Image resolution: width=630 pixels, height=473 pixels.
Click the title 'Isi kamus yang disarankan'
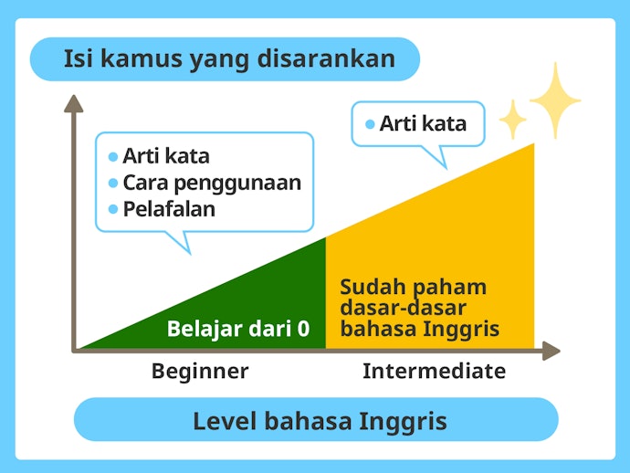pyautogui.click(x=229, y=59)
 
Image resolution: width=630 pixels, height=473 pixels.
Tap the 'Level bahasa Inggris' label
pyautogui.click(x=320, y=422)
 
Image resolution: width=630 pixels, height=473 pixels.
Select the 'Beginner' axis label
pyautogui.click(x=200, y=372)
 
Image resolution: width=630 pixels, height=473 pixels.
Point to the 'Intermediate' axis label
pyautogui.click(x=434, y=371)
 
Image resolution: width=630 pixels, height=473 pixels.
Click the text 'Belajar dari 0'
pyautogui.click(x=238, y=329)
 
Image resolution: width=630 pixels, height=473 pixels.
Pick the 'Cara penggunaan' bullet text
pyautogui.click(x=212, y=184)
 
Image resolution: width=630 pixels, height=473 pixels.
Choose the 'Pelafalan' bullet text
pyautogui.click(x=169, y=209)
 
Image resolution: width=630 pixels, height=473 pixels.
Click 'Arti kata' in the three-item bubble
pyautogui.click(x=166, y=156)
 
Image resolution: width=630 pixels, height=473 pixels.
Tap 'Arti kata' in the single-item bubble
pyautogui.click(x=423, y=123)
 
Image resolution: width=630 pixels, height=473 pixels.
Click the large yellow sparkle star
pyautogui.click(x=555, y=100)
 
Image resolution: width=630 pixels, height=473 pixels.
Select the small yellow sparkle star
pyautogui.click(x=513, y=120)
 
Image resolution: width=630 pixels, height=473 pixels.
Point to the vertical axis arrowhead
pyautogui.click(x=74, y=104)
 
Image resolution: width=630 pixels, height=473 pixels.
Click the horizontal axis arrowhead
pyautogui.click(x=551, y=351)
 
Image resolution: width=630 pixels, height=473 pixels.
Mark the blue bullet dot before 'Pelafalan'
pyautogui.click(x=113, y=209)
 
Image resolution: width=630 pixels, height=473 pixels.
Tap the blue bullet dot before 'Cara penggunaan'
pyautogui.click(x=113, y=184)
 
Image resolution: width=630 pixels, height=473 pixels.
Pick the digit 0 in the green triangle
pyautogui.click(x=304, y=329)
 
